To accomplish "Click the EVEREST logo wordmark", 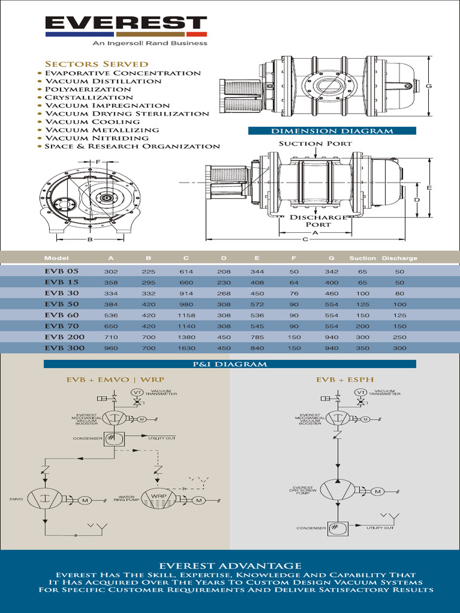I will tap(126, 23).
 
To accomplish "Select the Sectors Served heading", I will tap(96, 63).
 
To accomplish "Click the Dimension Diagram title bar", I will tap(332, 131).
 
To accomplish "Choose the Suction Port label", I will tap(315, 144).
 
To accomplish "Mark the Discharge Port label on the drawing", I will tap(318, 221).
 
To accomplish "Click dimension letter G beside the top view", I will tap(429, 86).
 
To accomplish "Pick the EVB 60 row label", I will tap(61, 314).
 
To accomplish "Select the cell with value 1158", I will tap(186, 315).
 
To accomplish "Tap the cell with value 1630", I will tap(186, 348).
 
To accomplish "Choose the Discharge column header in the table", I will tap(400, 258).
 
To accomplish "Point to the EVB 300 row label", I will tap(64, 347).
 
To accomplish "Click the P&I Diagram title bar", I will tap(229, 364).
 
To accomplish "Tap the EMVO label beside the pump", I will tap(16, 499).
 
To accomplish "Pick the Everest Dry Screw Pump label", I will tap(302, 491).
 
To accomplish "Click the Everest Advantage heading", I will tap(230, 565).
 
